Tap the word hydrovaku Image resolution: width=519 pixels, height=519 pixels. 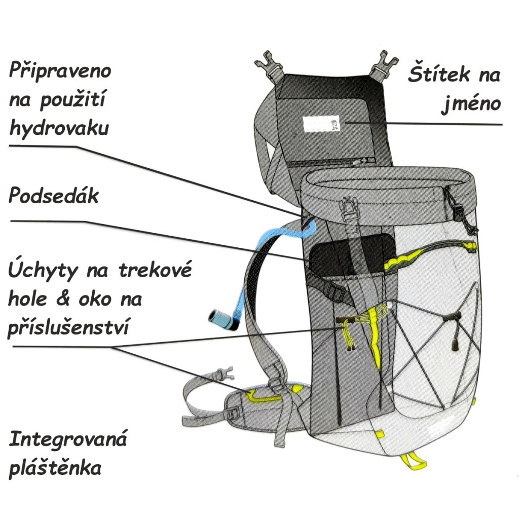(59, 128)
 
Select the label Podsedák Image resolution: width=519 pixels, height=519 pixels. (53, 197)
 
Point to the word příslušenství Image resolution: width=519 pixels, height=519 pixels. (68, 327)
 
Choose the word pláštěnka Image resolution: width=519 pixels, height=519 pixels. (55, 467)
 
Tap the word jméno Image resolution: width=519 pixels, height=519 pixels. (470, 104)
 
